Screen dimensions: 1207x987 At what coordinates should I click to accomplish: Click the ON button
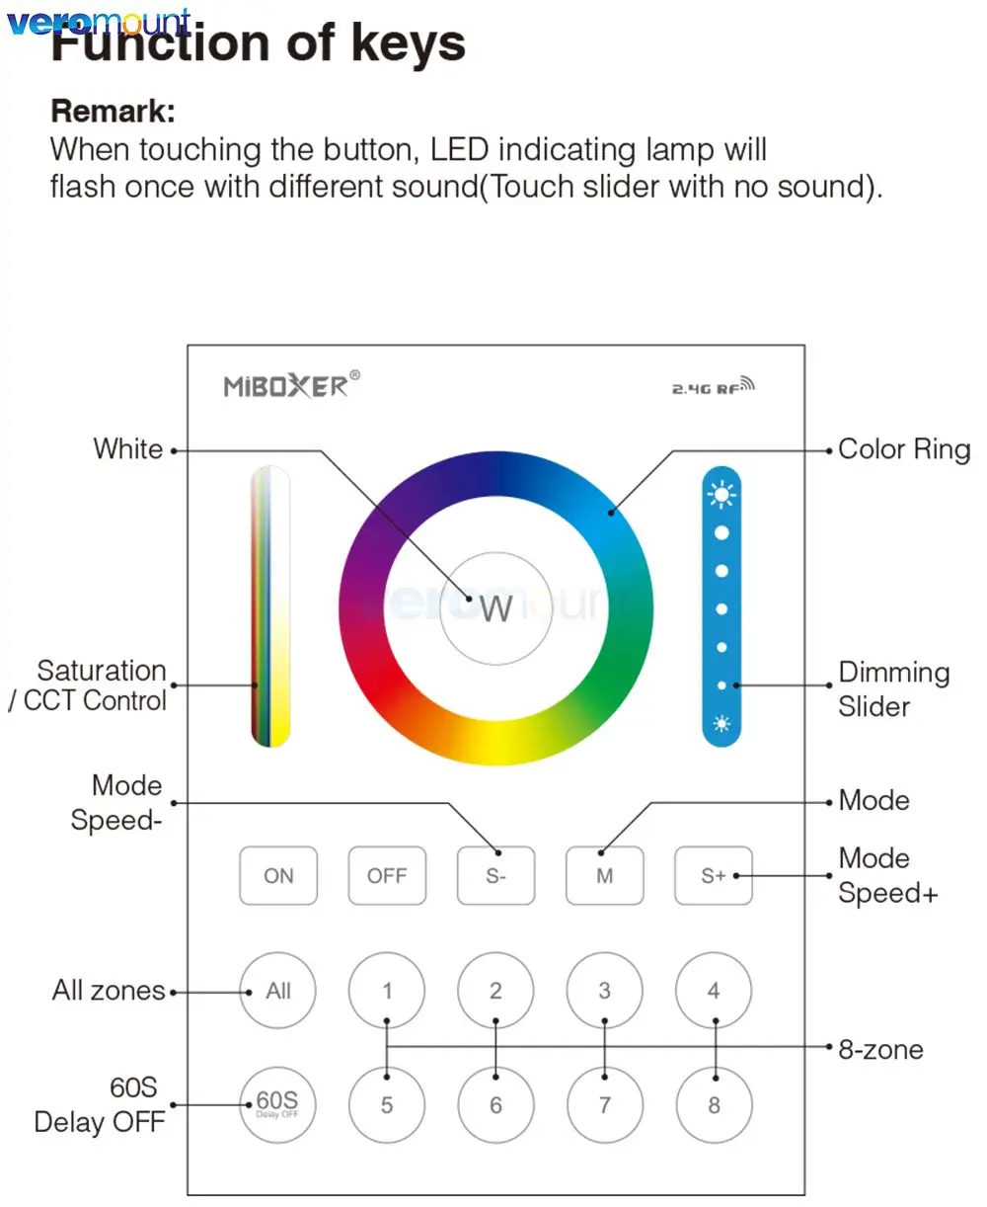pos(278,875)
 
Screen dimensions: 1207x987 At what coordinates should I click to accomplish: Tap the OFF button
pos(387,875)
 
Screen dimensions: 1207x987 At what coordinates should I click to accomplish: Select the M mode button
pos(604,875)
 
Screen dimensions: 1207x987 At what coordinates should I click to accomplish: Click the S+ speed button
pos(713,875)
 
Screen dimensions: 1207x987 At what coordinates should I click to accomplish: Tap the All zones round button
pos(278,991)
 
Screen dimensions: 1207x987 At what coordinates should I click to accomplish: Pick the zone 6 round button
pos(495,1105)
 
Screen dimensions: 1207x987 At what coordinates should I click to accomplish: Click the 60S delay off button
pos(278,1104)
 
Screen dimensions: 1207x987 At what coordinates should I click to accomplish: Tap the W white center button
pos(495,607)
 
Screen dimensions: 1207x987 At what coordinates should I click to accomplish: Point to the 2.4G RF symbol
pos(713,387)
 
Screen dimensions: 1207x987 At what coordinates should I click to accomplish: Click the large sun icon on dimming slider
pos(721,493)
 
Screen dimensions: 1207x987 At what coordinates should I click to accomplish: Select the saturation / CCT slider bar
pos(270,605)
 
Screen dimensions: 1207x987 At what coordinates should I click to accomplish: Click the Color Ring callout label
pos(903,449)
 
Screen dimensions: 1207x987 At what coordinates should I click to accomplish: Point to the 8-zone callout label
pos(880,1049)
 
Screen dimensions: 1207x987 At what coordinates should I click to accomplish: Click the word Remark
pos(113,112)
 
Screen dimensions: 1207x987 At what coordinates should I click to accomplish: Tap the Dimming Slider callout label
pos(893,689)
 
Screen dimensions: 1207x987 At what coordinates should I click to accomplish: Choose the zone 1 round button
pos(387,991)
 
